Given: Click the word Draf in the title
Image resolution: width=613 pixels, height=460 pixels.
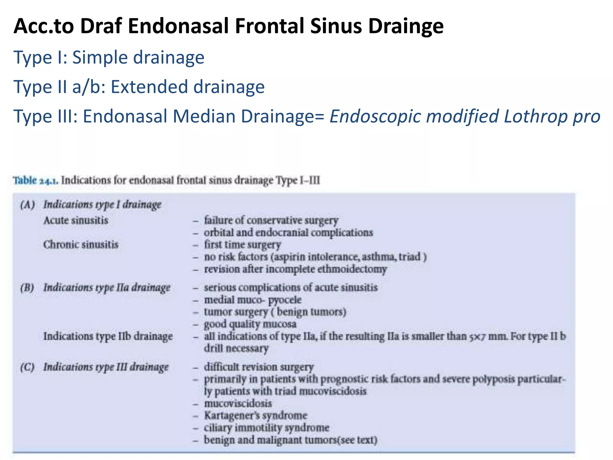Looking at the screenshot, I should point(101,26).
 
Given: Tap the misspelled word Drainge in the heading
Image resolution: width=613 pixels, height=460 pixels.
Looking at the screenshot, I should point(406,26).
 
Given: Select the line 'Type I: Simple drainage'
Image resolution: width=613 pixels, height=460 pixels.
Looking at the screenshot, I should point(109,57).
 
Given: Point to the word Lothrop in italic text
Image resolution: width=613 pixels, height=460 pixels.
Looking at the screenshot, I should point(535,116).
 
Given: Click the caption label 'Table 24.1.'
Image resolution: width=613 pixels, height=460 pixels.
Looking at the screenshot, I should point(36,181).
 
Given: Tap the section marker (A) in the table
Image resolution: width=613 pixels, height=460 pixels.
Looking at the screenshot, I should point(27,205).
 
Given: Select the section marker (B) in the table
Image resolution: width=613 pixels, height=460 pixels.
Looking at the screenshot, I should point(27,288).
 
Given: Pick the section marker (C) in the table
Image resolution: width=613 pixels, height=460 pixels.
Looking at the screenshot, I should point(27,367).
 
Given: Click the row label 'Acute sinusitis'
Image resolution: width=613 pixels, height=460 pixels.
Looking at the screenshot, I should point(76,220).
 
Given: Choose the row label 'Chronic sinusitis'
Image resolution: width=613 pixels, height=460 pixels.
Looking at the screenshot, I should point(81,245).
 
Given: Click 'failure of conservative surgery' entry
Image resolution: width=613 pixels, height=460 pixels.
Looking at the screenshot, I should point(271,220).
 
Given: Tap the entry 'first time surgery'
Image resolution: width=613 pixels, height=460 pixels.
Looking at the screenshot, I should point(242,245).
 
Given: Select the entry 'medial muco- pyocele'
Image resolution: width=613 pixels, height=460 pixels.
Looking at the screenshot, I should point(253,300).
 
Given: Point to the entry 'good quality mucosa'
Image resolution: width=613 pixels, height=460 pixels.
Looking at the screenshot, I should point(250,324).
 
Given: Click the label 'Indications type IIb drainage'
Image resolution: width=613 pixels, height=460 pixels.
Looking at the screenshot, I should point(108,336).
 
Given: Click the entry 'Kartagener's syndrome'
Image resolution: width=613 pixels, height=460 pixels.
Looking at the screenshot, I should point(256,416).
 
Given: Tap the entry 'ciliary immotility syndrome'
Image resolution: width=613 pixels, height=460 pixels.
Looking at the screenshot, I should point(267,428).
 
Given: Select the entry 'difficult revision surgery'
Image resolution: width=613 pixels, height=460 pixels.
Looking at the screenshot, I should point(259,367).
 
